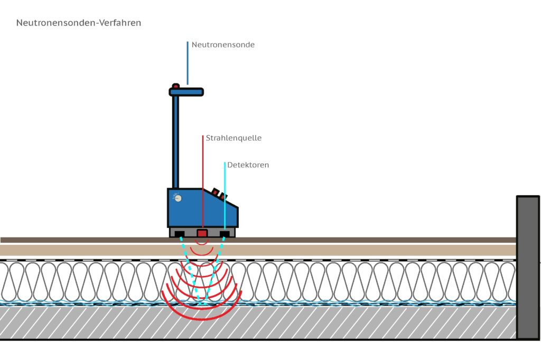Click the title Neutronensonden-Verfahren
coord(79,23)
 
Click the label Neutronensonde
coord(223,45)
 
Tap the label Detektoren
coord(248,165)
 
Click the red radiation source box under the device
coord(202,233)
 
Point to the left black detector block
coord(180,234)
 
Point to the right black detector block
coord(225,234)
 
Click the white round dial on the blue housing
coord(178,198)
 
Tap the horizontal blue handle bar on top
coord(186,92)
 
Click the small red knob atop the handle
coord(175,86)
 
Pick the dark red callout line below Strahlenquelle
coord(203,179)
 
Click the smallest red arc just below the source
coord(202,243)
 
